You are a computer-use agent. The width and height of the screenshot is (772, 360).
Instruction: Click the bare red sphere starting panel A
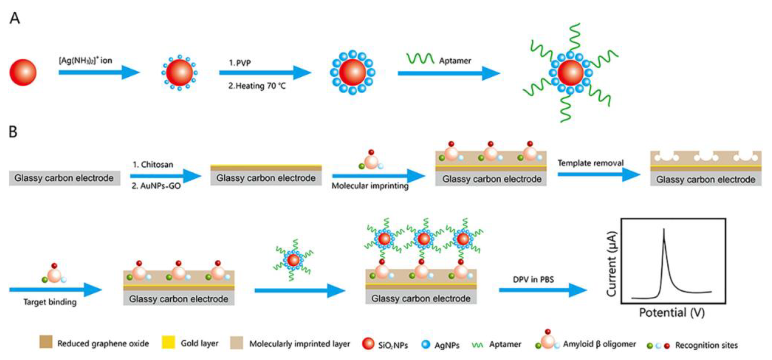tap(23, 72)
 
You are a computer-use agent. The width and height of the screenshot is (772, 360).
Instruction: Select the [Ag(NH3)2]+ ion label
tap(85, 61)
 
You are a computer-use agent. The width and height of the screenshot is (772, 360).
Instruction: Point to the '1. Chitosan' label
tap(153, 164)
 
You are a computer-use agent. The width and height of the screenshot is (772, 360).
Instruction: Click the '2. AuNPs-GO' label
tap(156, 186)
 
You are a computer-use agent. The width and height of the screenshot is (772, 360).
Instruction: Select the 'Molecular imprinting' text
tap(370, 186)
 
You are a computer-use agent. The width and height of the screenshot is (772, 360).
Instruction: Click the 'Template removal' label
tap(590, 163)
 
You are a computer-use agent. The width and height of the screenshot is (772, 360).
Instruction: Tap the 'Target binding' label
tap(50, 302)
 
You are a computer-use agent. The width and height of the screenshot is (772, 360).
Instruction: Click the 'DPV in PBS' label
tap(533, 280)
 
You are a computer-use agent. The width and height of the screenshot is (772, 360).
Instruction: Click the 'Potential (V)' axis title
tap(672, 313)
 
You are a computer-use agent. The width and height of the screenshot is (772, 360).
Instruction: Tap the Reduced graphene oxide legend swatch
tap(46, 342)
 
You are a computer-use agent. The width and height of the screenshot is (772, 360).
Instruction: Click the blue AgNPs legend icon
tap(426, 345)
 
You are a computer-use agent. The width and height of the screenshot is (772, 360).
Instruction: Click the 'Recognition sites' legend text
tap(706, 345)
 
